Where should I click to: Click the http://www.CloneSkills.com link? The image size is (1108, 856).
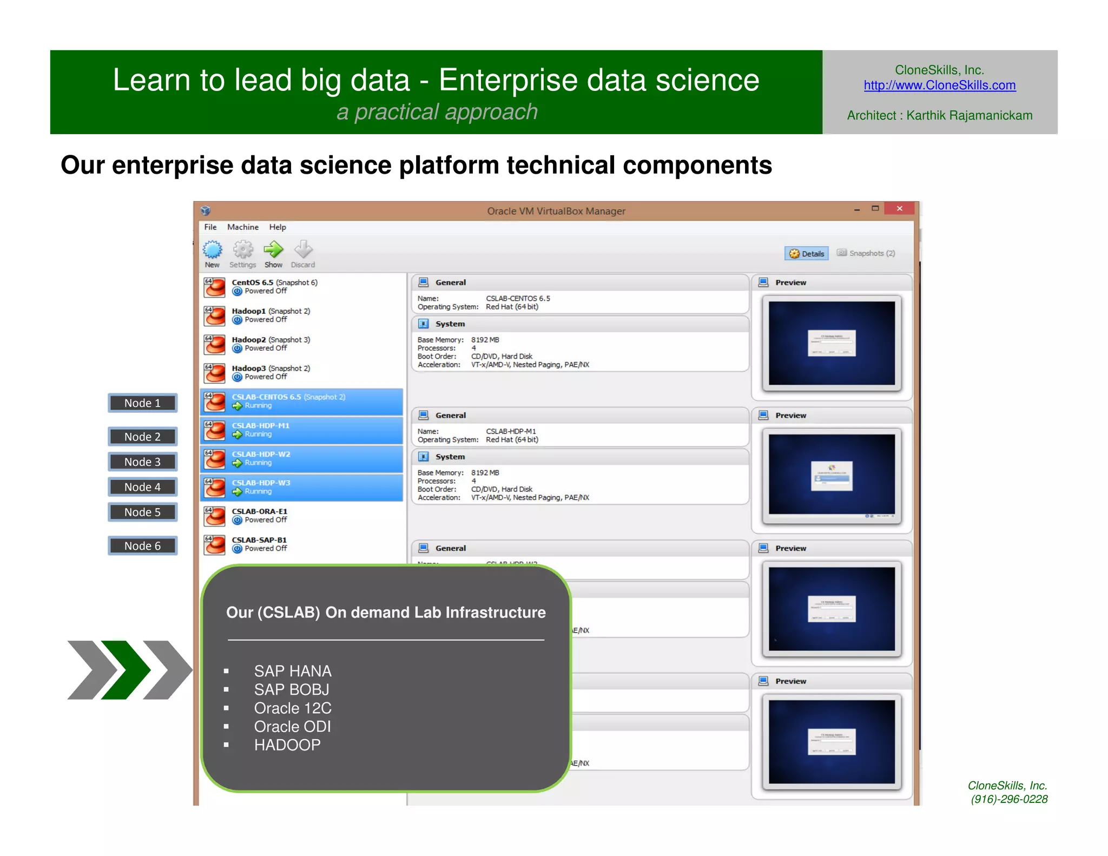click(x=939, y=85)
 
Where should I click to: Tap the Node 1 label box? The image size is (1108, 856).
click(x=142, y=403)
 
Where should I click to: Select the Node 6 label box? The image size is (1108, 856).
click(x=142, y=546)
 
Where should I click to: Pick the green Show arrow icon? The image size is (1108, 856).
click(x=273, y=250)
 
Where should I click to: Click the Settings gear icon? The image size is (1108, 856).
click(x=243, y=250)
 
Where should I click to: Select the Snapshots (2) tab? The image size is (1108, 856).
click(x=866, y=253)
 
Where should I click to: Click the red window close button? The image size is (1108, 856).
click(x=899, y=209)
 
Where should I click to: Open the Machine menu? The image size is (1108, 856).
click(x=242, y=227)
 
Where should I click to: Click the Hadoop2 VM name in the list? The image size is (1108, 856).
click(x=249, y=340)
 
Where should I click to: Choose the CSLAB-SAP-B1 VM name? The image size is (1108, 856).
click(x=259, y=540)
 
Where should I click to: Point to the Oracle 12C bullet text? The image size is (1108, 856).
click(x=293, y=708)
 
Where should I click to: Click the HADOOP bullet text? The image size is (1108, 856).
click(x=287, y=745)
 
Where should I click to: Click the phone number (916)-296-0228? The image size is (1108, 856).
click(x=1008, y=799)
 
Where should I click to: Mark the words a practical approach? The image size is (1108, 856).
click(x=437, y=112)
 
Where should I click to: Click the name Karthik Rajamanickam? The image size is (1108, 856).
click(x=969, y=116)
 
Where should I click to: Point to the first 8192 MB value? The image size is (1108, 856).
click(x=485, y=340)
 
